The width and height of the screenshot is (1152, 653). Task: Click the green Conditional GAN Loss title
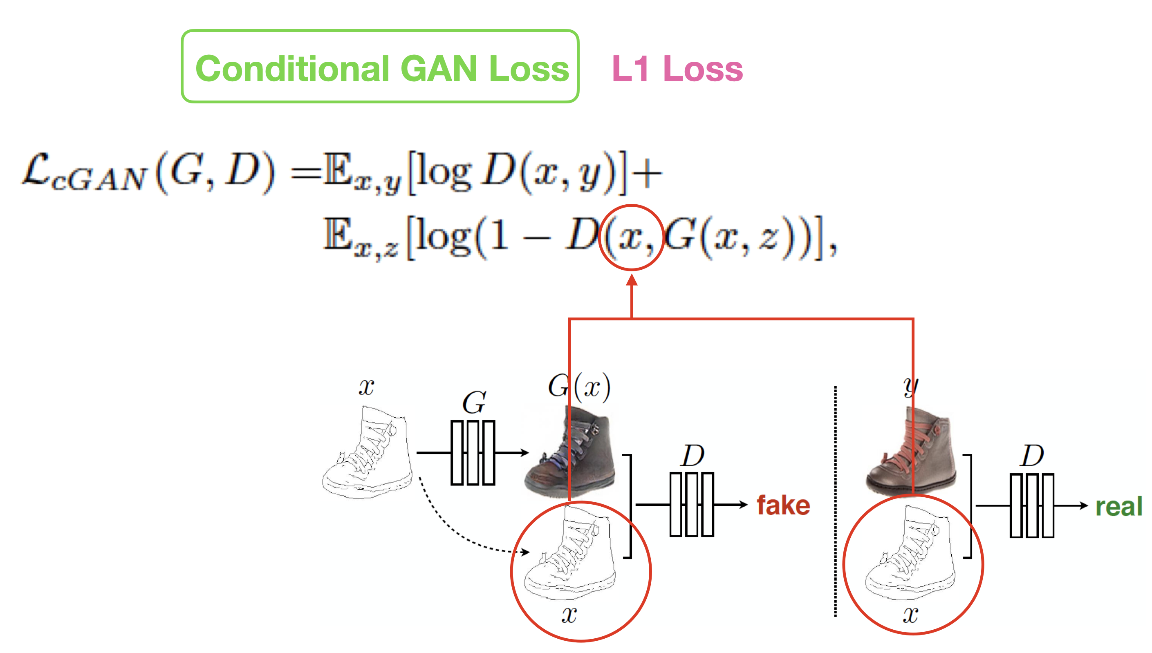[x=381, y=69]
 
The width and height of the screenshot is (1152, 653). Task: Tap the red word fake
[x=783, y=505]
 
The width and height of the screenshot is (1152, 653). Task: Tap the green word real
[x=1118, y=507]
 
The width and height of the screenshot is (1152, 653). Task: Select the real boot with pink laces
[x=911, y=451]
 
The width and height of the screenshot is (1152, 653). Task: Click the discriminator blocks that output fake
[x=691, y=505]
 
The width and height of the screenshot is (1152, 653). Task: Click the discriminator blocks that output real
[x=1031, y=505]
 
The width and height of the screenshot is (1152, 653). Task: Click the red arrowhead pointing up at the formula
[x=632, y=281]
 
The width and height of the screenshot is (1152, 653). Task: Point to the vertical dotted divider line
[x=835, y=500]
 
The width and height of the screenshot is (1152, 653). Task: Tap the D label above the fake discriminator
[x=693, y=456]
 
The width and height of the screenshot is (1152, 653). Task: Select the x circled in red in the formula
[x=630, y=238]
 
